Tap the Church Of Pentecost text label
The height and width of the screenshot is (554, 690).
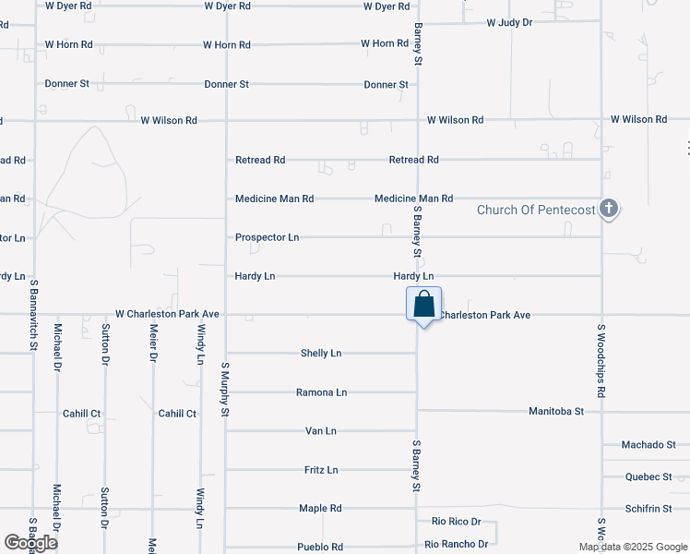pyautogui.click(x=535, y=210)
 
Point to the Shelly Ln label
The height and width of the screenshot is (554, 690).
pyautogui.click(x=321, y=354)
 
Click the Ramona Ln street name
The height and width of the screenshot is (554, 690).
pyautogui.click(x=321, y=392)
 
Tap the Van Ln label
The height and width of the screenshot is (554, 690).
pyautogui.click(x=321, y=431)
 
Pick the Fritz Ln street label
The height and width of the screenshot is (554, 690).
pyautogui.click(x=321, y=470)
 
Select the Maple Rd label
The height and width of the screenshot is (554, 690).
pyautogui.click(x=321, y=509)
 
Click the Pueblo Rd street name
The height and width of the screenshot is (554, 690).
pyautogui.click(x=321, y=548)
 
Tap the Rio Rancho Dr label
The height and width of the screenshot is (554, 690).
pyautogui.click(x=457, y=545)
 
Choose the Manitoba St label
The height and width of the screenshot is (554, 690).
pyautogui.click(x=556, y=411)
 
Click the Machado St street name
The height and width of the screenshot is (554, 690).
pyautogui.click(x=648, y=445)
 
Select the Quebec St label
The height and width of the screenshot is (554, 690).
pyautogui.click(x=648, y=477)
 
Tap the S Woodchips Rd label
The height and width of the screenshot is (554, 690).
pyautogui.click(x=601, y=361)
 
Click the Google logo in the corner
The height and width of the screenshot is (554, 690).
pyautogui.click(x=30, y=543)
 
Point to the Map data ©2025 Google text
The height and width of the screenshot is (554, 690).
pyautogui.click(x=632, y=547)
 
